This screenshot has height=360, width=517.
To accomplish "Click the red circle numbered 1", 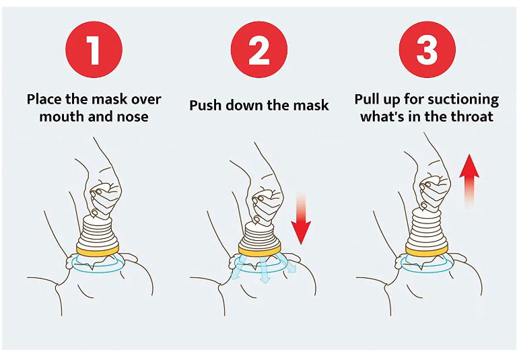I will pos(94,50).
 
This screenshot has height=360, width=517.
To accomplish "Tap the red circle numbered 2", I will pos(258,50).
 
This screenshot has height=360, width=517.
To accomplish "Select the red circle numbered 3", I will pos(427,50).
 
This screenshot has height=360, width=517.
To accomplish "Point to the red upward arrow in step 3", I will pos(469,178).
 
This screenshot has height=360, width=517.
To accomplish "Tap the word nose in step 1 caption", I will pos(133,116).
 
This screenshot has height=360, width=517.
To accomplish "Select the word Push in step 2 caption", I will pos(205,105).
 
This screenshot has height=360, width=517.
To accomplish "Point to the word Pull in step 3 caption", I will pos(368,100).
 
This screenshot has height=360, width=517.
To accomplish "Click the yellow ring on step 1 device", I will pos(100,251).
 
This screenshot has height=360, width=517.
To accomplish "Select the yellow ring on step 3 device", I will pos(428,251).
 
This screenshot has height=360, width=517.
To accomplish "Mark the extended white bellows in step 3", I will pos(428,225).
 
